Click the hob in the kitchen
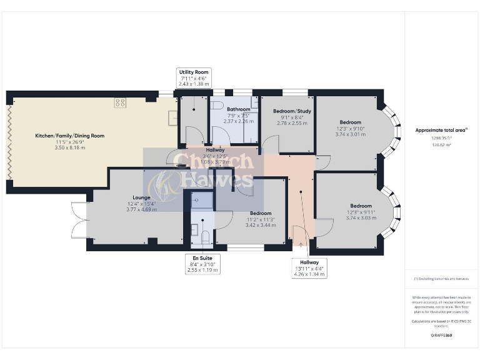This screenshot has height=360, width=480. (x=120, y=103)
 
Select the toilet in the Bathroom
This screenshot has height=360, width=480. (x=219, y=104)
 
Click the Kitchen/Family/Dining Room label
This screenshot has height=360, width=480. (x=69, y=136)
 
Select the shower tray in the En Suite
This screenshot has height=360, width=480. (x=199, y=201)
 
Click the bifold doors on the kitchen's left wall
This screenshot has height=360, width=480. (x=9, y=142)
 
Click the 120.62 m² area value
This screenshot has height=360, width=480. (x=442, y=144)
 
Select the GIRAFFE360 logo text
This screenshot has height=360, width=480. (x=442, y=336)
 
